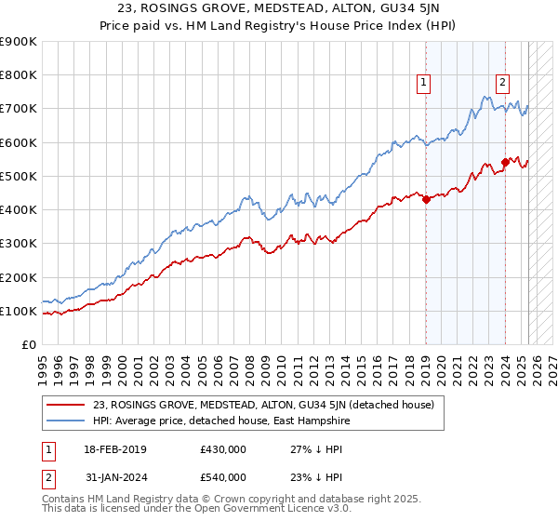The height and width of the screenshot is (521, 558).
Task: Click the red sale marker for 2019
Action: (426, 199)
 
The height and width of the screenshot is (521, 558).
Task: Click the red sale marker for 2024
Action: (505, 162)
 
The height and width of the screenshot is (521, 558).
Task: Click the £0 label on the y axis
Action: (28, 344)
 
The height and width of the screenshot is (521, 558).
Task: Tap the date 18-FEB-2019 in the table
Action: (115, 449)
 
